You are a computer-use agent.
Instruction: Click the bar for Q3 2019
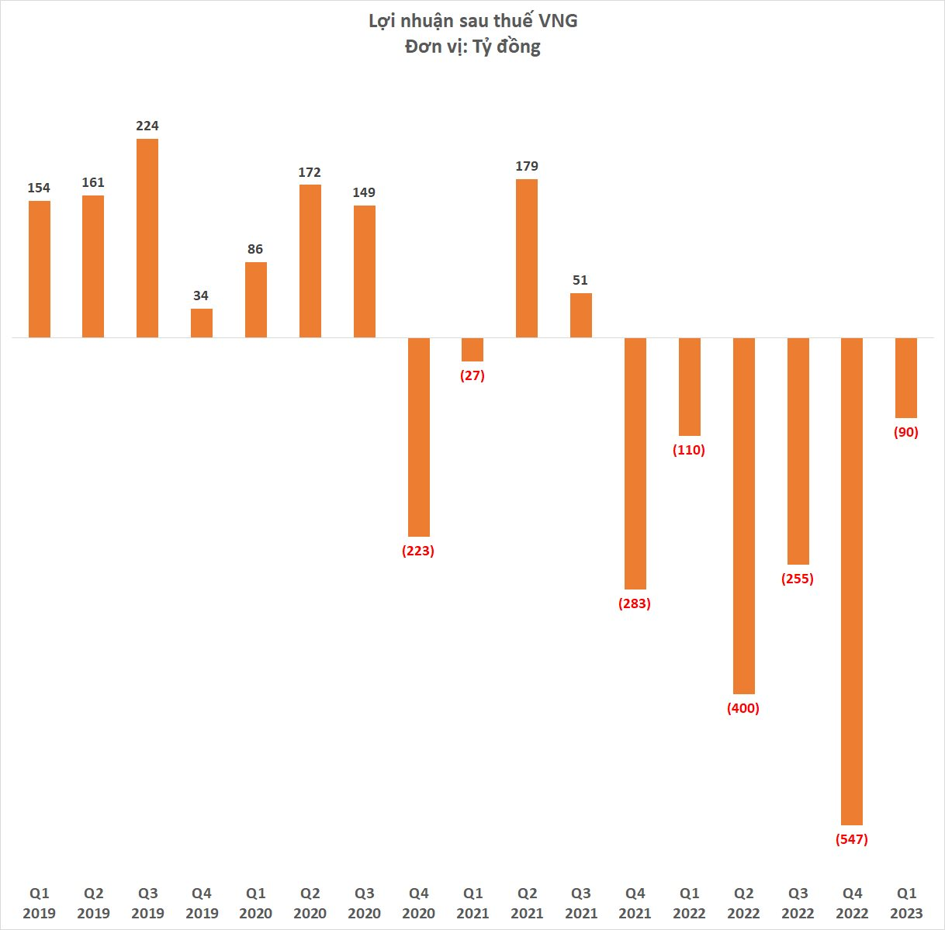[147, 238]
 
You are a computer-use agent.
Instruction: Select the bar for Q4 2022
[852, 581]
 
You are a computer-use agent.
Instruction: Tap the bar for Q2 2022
[743, 516]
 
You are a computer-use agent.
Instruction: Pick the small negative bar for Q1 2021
[472, 350]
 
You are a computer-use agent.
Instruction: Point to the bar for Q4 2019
[202, 323]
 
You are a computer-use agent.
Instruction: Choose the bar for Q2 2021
[527, 258]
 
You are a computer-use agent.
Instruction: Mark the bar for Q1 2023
[906, 378]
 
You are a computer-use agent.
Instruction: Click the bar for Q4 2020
[419, 437]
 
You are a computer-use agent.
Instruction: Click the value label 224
[147, 126]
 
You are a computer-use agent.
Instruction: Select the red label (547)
[852, 839]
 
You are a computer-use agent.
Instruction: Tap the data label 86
[255, 249]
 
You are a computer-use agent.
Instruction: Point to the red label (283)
[635, 603]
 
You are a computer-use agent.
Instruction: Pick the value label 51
[580, 280]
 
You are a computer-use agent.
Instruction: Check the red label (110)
[689, 450]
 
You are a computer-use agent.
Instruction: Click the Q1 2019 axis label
[40, 903]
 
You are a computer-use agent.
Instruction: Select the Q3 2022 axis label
[798, 903]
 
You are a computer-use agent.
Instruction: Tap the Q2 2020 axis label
[310, 903]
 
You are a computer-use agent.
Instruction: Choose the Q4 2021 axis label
[635, 903]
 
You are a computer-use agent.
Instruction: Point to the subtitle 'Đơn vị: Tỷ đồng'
[472, 47]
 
